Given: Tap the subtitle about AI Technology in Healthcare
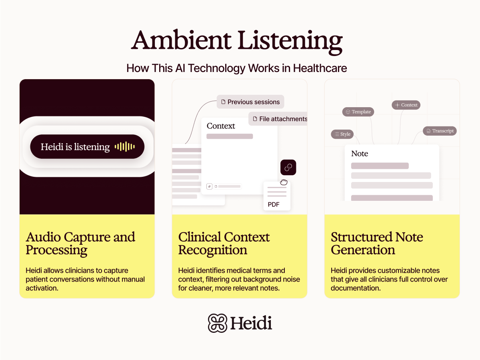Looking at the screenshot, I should [237, 68].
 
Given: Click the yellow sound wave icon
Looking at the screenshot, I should [124, 147].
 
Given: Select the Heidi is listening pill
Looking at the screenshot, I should [87, 147].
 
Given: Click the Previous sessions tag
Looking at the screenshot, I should [250, 102].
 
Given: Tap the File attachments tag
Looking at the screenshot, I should [279, 119].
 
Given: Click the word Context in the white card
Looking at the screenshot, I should [221, 126].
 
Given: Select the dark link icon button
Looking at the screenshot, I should [288, 167].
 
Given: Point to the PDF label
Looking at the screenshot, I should [274, 205].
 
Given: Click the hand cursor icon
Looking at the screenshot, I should [284, 182].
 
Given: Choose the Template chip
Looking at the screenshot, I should [358, 112].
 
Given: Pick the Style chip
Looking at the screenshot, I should [342, 134].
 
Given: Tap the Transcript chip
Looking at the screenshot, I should [440, 131].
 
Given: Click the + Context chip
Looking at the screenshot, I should [406, 105].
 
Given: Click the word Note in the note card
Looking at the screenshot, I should [360, 154].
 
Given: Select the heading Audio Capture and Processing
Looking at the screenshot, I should [80, 243].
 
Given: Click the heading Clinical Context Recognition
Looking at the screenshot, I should [224, 243].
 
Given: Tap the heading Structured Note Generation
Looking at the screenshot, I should [377, 243].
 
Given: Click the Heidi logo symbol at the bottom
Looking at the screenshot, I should [218, 323].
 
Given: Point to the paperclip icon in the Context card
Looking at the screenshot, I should [209, 186].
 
